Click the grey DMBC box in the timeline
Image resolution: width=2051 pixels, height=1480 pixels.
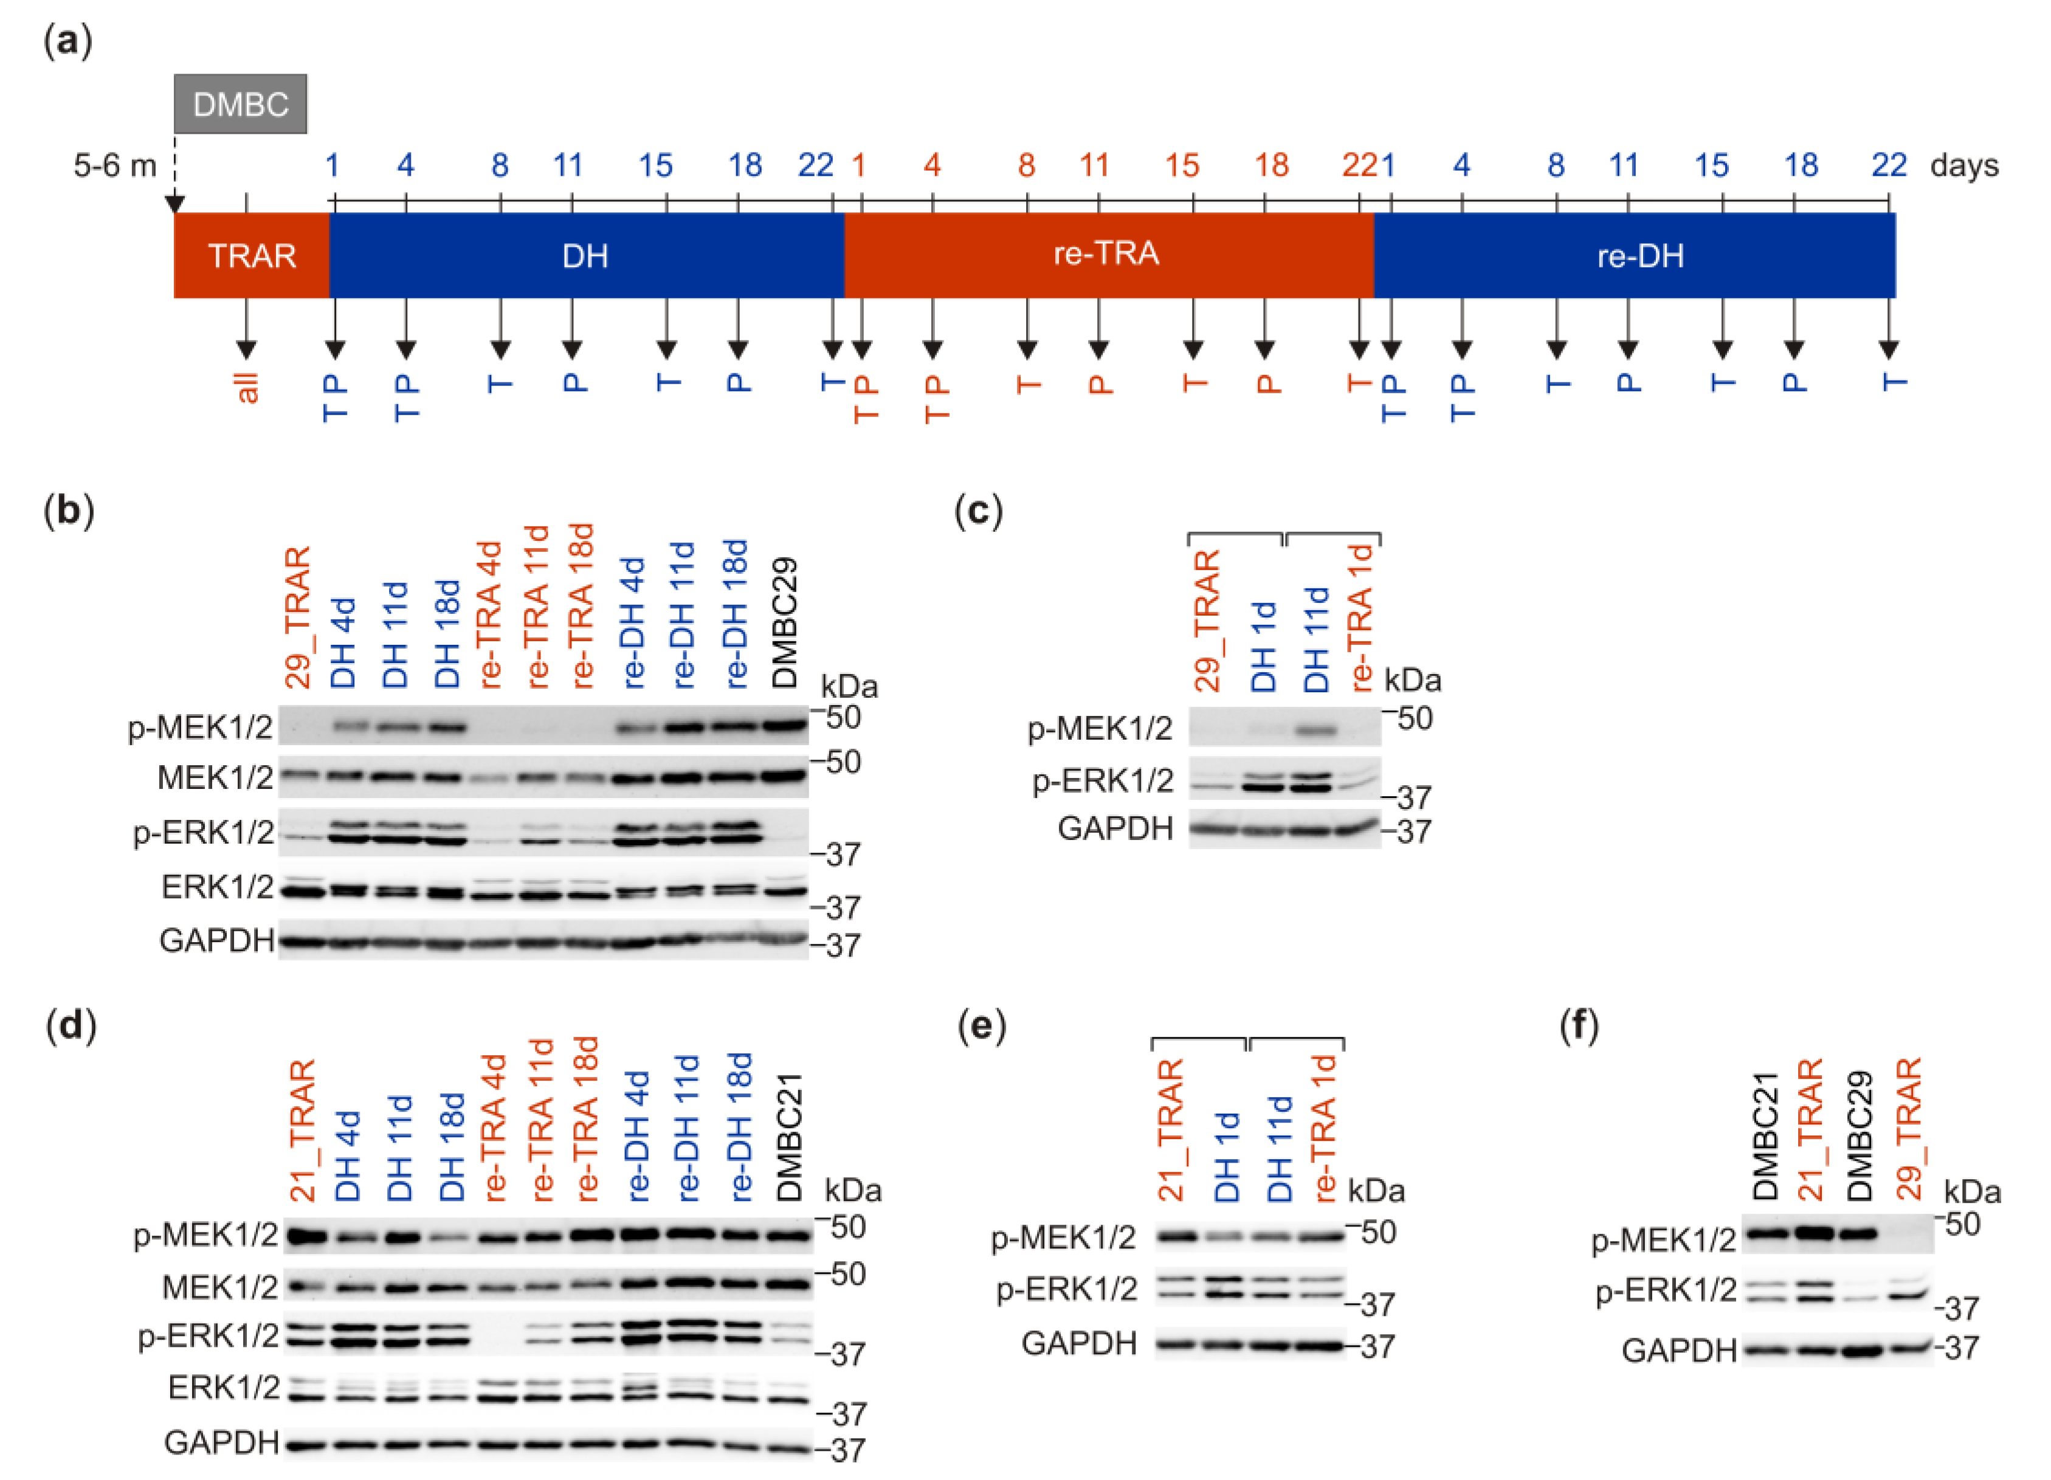coord(241,104)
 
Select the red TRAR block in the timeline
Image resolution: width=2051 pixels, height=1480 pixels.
coord(252,256)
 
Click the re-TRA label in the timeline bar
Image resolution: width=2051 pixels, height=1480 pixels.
coord(1105,254)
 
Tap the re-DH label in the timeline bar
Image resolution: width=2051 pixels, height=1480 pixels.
coord(1639,256)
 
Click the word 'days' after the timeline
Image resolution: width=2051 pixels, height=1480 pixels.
coord(1964,165)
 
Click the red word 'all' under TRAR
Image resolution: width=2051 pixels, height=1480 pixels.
coord(247,387)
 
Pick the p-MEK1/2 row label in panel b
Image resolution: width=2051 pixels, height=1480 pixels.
coord(201,728)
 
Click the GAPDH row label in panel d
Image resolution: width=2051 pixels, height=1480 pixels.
coord(221,1443)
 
